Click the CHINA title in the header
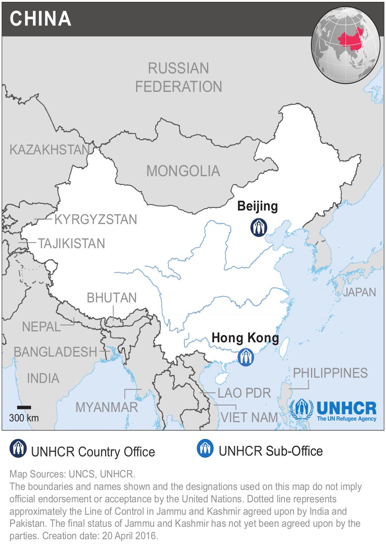pos(40,18)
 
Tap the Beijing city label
pos(257,206)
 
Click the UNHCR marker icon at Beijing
pos(259,227)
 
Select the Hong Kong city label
pos(245,338)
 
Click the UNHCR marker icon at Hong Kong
pos(246,357)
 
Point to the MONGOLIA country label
pos(183,171)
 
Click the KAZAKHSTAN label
pos(49,150)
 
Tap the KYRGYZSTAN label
pos(96,220)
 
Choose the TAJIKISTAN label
pos(71,244)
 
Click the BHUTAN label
pos(112,298)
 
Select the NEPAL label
pos(41,327)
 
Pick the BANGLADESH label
pos(55,352)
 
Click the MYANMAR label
pos(107,407)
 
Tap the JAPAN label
pos(359,292)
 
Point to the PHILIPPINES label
pos(330,373)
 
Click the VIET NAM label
pos(249,417)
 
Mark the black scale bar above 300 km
pos(24,407)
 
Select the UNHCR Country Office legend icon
pos(18,448)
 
